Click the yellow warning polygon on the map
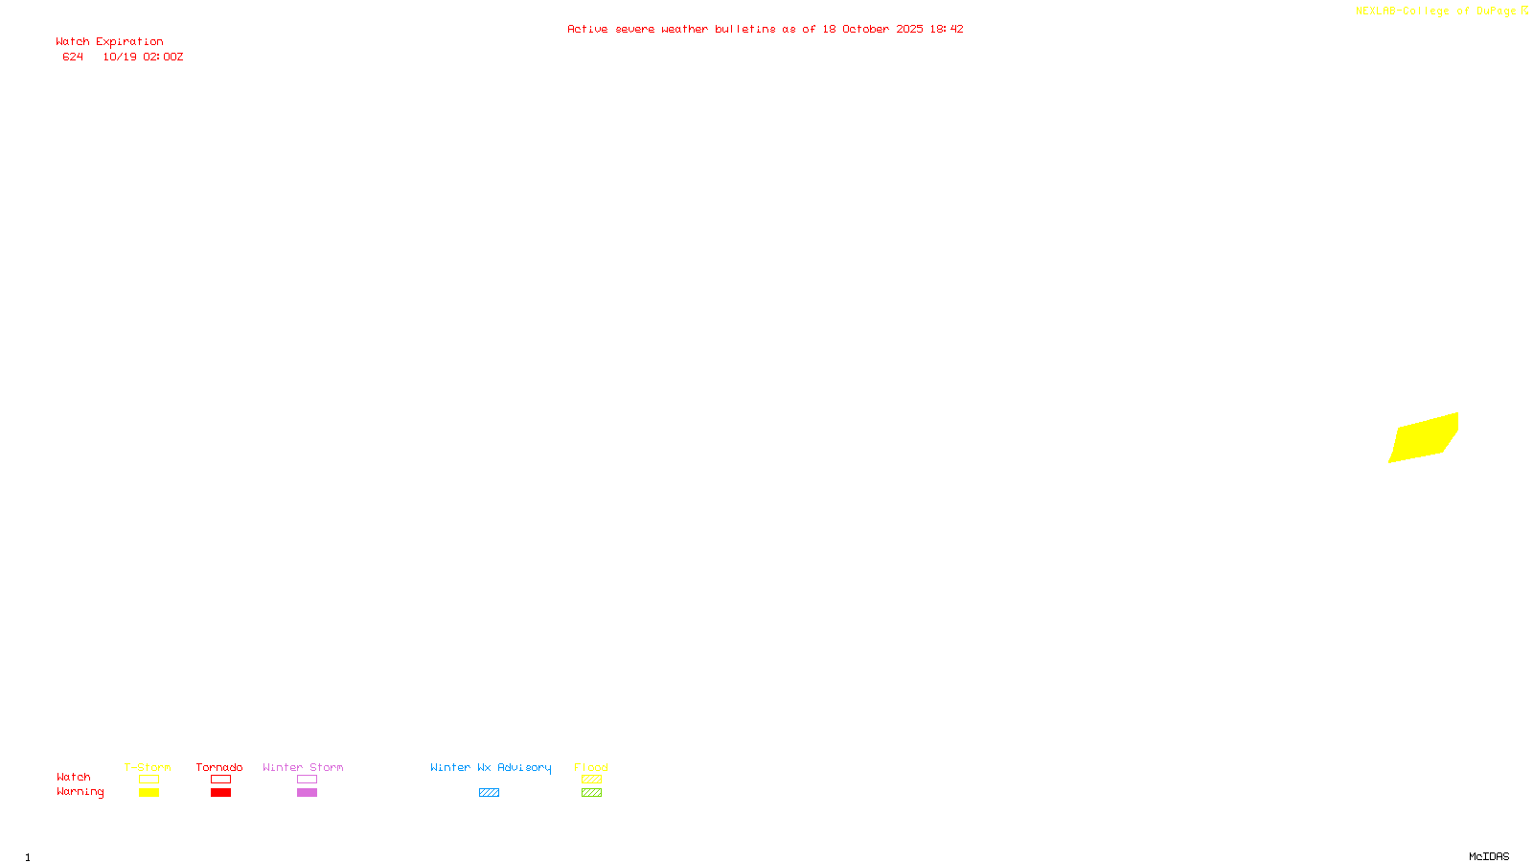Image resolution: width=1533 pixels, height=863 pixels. tap(1425, 438)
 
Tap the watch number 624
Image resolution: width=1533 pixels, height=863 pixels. tap(73, 58)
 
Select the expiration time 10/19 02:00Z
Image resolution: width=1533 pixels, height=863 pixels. tap(143, 58)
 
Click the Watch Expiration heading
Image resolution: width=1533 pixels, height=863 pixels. tap(109, 42)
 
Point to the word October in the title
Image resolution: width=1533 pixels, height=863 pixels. tap(865, 30)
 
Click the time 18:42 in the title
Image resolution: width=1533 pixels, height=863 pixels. tap(946, 30)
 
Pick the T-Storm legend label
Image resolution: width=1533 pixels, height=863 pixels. tap(148, 767)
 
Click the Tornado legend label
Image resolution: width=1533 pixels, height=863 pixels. tap(219, 767)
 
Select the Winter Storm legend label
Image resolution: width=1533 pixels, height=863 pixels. tap(303, 767)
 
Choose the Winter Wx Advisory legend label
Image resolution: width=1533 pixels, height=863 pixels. tap(491, 767)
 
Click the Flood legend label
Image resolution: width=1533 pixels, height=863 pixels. tap(591, 767)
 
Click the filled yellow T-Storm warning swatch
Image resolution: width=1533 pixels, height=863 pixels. tap(149, 793)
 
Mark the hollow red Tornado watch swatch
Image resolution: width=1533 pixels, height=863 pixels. tap(220, 780)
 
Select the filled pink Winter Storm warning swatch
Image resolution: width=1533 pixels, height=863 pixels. tap(307, 793)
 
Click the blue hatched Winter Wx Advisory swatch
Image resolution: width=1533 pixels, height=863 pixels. tap(489, 793)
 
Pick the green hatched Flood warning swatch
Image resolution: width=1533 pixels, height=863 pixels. tap(591, 793)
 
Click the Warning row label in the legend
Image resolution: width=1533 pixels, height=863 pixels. tap(80, 792)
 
